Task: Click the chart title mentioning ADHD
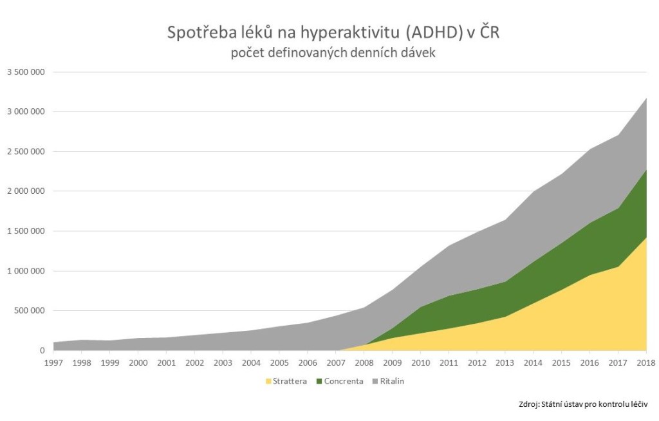pyautogui.click(x=333, y=33)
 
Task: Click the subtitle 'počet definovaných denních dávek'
pyautogui.click(x=333, y=53)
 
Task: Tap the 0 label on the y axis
pyautogui.click(x=42, y=350)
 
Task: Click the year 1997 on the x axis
pyautogui.click(x=54, y=362)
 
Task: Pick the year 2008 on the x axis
pyautogui.click(x=364, y=362)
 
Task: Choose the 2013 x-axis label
pyautogui.click(x=505, y=362)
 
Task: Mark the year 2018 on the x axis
pyautogui.click(x=645, y=362)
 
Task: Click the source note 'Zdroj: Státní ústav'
pyautogui.click(x=582, y=404)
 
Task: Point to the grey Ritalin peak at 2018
pyautogui.click(x=645, y=98)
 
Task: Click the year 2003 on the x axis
pyautogui.click(x=223, y=362)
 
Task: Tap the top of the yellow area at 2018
pyautogui.click(x=645, y=238)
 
